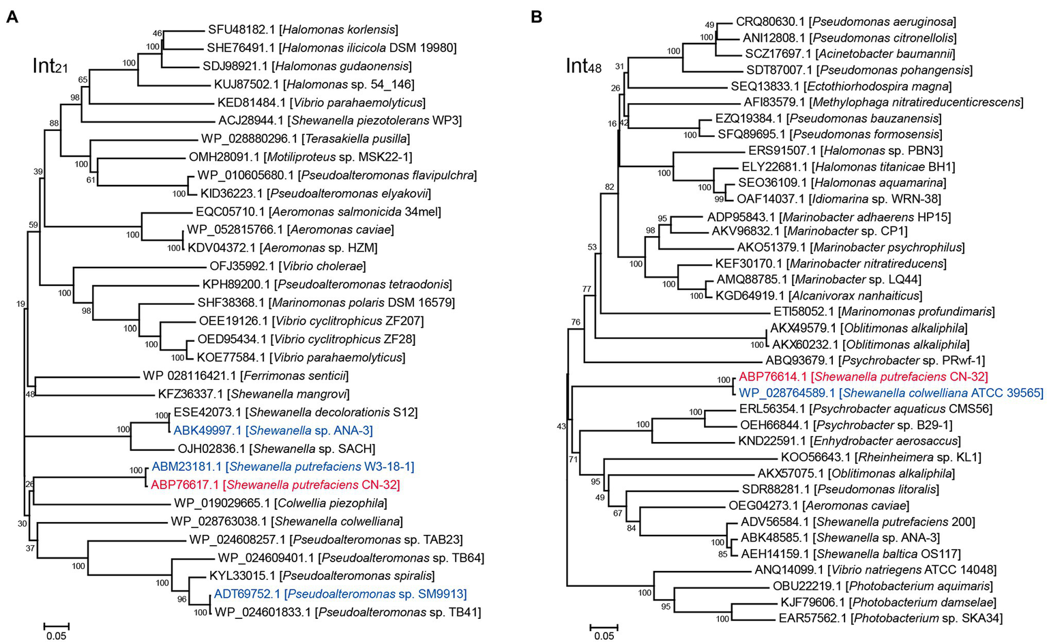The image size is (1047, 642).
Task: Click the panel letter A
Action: point(12,17)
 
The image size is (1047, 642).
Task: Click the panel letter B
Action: point(536,17)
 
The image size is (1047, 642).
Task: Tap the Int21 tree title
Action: point(50,67)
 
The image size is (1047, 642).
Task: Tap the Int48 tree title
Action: point(584,67)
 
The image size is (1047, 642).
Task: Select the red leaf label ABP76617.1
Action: point(275,485)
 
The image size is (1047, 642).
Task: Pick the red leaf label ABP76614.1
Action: point(864,377)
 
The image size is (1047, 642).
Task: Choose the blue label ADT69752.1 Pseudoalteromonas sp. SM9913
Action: point(340,594)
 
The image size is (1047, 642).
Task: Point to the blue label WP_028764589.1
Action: point(891,393)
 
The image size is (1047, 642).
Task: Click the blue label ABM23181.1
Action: point(283,467)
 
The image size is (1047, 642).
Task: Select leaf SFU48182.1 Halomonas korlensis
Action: point(303,30)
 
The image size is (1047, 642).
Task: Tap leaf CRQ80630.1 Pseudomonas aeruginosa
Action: point(846,23)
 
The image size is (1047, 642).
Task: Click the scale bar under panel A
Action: point(57,626)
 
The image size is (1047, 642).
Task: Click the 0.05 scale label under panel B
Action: point(604,637)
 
